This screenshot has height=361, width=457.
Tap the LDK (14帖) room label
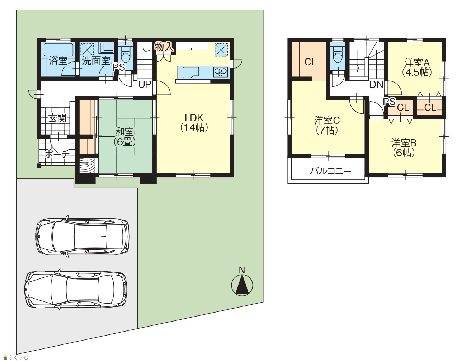[194, 123]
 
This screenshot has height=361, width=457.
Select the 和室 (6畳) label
[124, 137]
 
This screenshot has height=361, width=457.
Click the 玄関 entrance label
[57, 118]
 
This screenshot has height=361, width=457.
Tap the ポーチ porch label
[57, 154]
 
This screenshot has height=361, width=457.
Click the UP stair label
[145, 85]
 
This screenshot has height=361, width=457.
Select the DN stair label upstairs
[376, 85]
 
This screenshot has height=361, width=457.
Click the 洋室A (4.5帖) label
[417, 67]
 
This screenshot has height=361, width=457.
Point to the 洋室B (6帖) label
[404, 148]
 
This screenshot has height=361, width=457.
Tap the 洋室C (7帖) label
[327, 125]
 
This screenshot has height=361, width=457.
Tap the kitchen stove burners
[221, 72]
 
